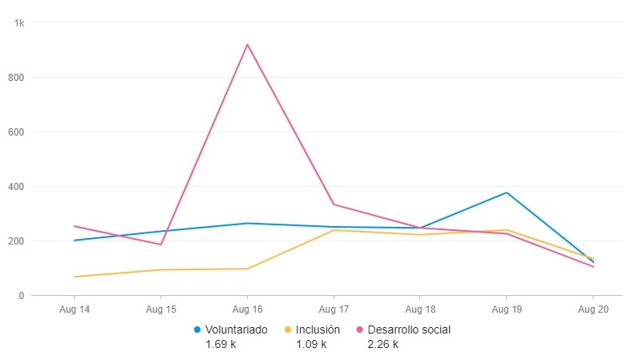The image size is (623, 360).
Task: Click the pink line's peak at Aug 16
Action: [247, 44]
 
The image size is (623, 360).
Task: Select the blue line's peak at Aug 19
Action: [506, 192]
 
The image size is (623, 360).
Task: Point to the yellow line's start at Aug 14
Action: [75, 277]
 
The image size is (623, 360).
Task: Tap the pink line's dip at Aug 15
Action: [161, 245]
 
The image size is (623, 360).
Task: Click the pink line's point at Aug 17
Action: [334, 204]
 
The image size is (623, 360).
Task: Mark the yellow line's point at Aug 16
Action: [247, 269]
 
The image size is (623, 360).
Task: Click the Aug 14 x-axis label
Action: [75, 308]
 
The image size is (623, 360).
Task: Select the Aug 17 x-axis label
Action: [334, 308]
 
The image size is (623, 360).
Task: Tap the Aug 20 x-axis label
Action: [593, 308]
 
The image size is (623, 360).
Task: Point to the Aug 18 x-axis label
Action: [419, 308]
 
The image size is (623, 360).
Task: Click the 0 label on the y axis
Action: [22, 296]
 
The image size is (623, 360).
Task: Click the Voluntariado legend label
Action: [237, 330]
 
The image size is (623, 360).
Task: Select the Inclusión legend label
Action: [318, 330]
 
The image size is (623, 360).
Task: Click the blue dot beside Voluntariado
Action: [197, 330]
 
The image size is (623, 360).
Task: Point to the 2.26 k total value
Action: [383, 345]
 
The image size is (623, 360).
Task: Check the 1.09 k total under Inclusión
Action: [311, 345]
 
